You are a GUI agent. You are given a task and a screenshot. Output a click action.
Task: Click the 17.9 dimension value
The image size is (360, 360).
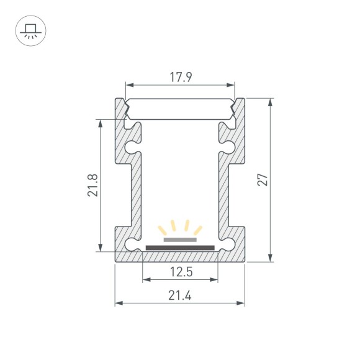(x=180, y=78)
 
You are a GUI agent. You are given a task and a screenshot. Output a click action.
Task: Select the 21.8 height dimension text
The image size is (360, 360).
(x=92, y=185)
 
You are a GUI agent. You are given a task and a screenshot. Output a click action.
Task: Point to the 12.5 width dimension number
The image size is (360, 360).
(x=180, y=272)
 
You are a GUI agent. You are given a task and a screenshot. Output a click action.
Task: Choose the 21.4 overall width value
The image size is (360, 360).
(x=180, y=295)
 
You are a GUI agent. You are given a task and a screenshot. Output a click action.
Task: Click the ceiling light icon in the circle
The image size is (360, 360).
(x=30, y=30)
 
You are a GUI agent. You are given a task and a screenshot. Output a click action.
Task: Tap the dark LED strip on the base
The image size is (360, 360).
(x=180, y=248)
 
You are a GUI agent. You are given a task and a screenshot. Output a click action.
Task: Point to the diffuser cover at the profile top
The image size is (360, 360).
(x=180, y=110)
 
